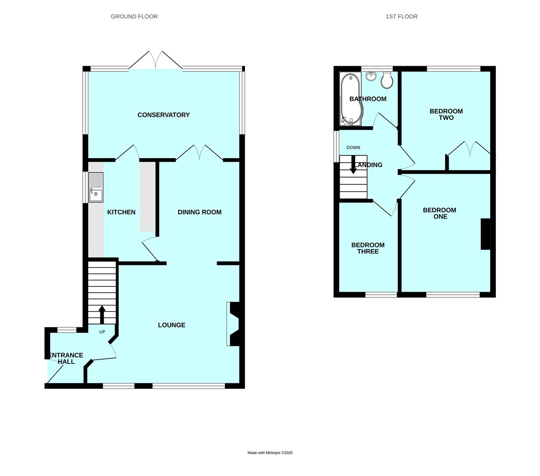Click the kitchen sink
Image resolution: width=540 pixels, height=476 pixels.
(96, 187)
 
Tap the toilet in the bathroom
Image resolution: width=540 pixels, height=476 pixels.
(387, 81)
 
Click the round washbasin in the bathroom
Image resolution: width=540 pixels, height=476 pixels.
(371, 77)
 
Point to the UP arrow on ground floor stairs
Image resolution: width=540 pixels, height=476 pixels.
(102, 314)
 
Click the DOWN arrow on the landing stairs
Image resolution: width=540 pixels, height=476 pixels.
(353, 164)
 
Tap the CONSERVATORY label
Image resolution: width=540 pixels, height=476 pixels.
(164, 115)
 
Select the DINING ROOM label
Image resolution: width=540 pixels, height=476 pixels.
(199, 212)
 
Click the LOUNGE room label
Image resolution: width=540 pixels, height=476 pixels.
(172, 325)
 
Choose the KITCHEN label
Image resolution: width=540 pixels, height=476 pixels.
(121, 212)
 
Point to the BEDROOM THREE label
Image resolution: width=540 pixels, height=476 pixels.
(368, 248)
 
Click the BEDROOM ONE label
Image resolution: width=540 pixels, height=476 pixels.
(440, 213)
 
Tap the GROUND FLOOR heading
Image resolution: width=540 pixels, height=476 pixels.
(134, 17)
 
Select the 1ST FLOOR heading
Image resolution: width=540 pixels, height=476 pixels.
(401, 17)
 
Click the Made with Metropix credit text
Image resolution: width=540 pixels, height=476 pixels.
(270, 453)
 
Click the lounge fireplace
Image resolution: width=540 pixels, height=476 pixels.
(233, 324)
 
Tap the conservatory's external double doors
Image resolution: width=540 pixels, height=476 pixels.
(155, 60)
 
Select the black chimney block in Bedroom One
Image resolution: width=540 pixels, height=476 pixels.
(485, 234)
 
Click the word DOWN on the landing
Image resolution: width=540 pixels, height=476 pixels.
(353, 148)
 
